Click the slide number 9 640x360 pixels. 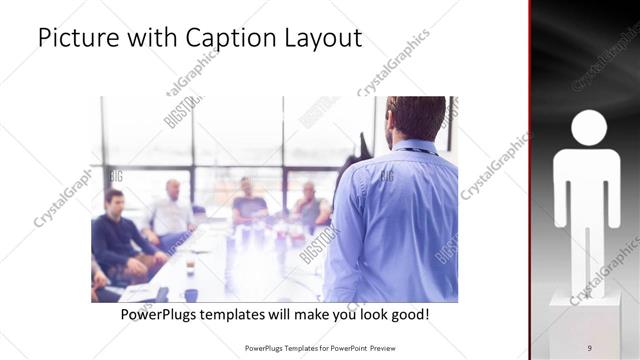[589, 347]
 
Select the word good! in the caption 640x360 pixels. [408, 314]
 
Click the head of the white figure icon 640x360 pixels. [588, 129]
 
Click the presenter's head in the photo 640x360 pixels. [416, 117]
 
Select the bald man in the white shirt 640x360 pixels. [171, 213]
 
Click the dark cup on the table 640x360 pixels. [190, 294]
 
